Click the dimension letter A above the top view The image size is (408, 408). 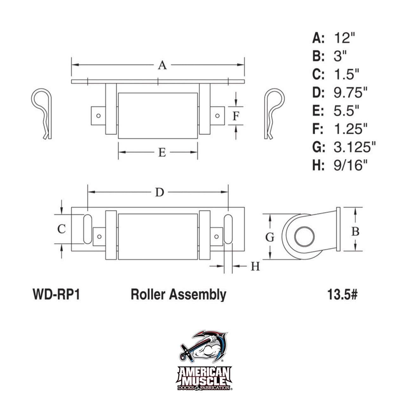[x=162, y=65]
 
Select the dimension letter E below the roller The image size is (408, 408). [x=162, y=152]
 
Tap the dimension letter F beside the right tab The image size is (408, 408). [x=236, y=116]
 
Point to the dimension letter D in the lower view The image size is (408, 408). [x=160, y=193]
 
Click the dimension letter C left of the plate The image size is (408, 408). [x=62, y=229]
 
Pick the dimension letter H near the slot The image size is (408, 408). [x=255, y=266]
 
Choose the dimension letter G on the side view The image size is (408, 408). [x=270, y=237]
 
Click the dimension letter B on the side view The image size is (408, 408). [x=355, y=232]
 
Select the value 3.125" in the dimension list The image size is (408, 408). [x=354, y=147]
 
